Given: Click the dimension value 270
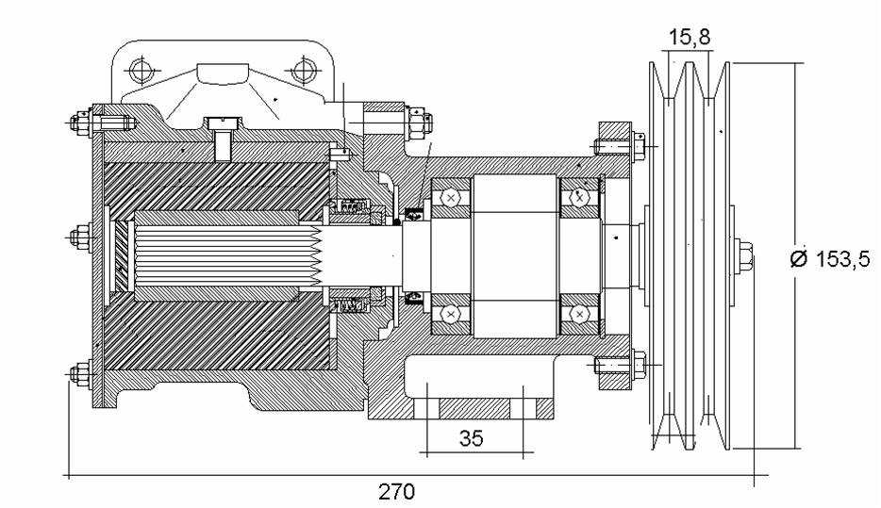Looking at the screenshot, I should click(x=397, y=491).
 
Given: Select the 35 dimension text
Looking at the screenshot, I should click(x=472, y=437).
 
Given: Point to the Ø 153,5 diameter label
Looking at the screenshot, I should click(x=829, y=260).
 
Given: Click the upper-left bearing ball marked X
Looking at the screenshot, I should click(x=451, y=198).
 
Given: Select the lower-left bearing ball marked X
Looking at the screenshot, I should click(x=451, y=312).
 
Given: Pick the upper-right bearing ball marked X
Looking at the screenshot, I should click(x=580, y=198).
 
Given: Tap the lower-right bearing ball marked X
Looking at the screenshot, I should click(x=580, y=312).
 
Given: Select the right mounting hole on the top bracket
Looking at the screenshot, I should click(x=302, y=70).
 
